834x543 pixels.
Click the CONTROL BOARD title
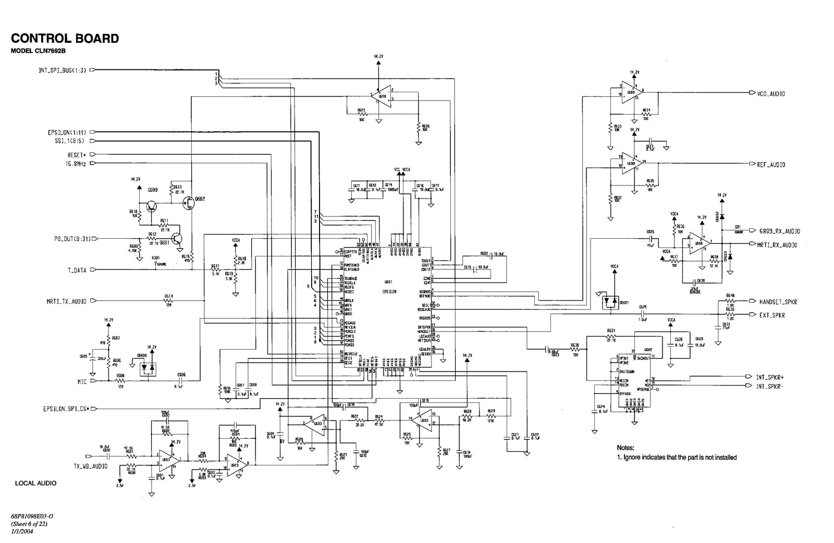coord(65,39)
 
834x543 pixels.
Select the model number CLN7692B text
coord(39,51)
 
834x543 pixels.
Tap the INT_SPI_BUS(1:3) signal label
coord(62,70)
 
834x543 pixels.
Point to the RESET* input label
coord(77,155)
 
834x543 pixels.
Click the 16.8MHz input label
coord(75,164)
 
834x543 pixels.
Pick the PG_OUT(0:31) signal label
coord(72,239)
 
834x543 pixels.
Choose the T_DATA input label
coord(77,270)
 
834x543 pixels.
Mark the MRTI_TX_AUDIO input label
coord(66,301)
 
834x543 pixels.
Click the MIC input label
coord(82,381)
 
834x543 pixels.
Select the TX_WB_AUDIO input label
coord(90,466)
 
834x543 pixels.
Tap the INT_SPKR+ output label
coord(770,377)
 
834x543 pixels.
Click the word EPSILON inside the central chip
coord(389,292)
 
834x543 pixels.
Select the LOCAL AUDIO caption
coord(35,483)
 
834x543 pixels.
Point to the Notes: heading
coord(625,448)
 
